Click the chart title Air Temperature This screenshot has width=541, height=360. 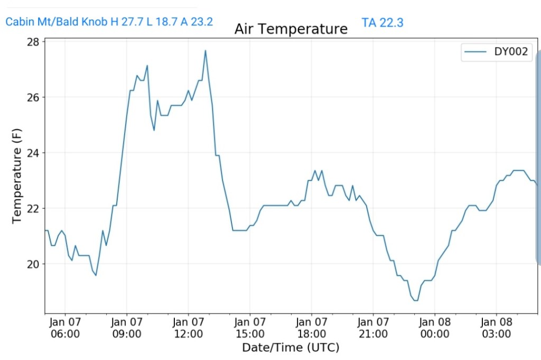click(x=291, y=29)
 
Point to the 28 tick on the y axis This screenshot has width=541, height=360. click(x=34, y=42)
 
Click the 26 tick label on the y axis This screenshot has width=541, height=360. click(x=34, y=97)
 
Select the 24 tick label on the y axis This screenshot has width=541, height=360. click(x=34, y=153)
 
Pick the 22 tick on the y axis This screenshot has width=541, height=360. click(x=34, y=208)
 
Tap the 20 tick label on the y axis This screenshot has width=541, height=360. click(x=34, y=264)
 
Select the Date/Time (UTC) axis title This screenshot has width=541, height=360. click(x=291, y=347)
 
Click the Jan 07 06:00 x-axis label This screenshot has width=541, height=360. click(x=65, y=328)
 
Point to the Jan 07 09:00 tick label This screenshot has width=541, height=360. click(x=127, y=328)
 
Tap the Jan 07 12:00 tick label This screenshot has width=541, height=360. click(x=188, y=328)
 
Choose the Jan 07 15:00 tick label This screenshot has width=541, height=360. click(x=250, y=328)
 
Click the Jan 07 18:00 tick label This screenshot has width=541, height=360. click(x=311, y=328)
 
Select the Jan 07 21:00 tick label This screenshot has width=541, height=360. click(x=373, y=328)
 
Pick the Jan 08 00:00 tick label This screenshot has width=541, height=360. click(x=434, y=328)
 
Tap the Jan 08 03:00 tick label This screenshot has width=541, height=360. click(x=496, y=328)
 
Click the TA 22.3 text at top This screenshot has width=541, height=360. click(x=383, y=22)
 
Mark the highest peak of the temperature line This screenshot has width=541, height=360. click(x=205, y=51)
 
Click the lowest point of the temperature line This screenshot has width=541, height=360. click(x=416, y=300)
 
